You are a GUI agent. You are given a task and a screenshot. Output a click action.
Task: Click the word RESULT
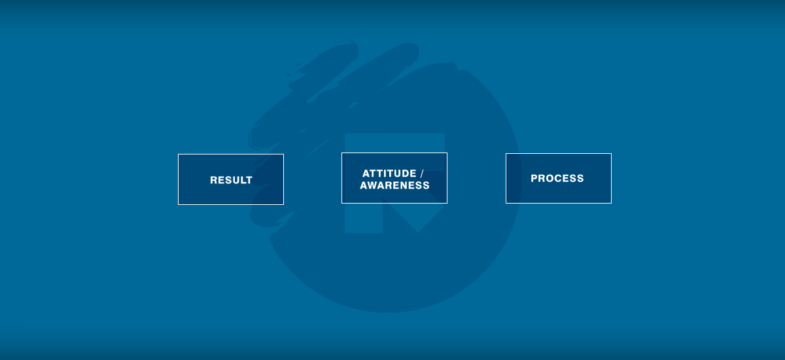click(231, 180)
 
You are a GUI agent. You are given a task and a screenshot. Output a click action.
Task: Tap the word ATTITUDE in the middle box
click(389, 173)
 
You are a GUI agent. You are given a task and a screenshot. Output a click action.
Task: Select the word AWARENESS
click(394, 185)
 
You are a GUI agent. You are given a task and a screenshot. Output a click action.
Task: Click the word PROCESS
click(557, 179)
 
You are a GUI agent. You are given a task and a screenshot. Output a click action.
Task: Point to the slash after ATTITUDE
click(422, 173)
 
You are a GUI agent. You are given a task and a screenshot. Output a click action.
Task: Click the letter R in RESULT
click(214, 180)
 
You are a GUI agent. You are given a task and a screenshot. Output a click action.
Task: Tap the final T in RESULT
click(249, 180)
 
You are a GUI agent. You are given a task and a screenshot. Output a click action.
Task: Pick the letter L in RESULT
click(242, 180)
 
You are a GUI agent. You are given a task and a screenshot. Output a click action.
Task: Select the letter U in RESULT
click(235, 180)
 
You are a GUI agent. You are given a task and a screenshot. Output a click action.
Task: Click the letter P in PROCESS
click(534, 179)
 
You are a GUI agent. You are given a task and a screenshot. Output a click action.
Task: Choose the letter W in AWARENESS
click(373, 185)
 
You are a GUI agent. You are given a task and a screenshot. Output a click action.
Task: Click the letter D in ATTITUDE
click(404, 173)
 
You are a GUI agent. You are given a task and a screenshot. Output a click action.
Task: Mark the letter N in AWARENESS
click(403, 185)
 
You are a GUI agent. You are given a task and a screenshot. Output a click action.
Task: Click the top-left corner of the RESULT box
click(179, 154)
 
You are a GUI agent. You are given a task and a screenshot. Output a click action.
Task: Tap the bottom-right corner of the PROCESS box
click(611, 203)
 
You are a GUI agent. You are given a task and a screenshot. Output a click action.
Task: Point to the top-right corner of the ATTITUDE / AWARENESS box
click(447, 153)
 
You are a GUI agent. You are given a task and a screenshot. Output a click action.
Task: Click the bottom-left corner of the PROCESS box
click(506, 203)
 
